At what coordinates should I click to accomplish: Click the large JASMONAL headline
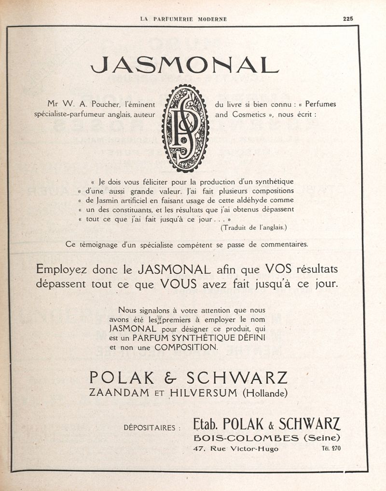click(x=185, y=65)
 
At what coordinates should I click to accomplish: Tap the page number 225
click(x=348, y=19)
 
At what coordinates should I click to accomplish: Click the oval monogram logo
click(x=185, y=128)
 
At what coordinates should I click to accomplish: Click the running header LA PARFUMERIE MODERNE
click(x=183, y=19)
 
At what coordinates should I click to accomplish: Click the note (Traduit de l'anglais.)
click(x=256, y=227)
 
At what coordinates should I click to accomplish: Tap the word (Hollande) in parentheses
click(x=265, y=393)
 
